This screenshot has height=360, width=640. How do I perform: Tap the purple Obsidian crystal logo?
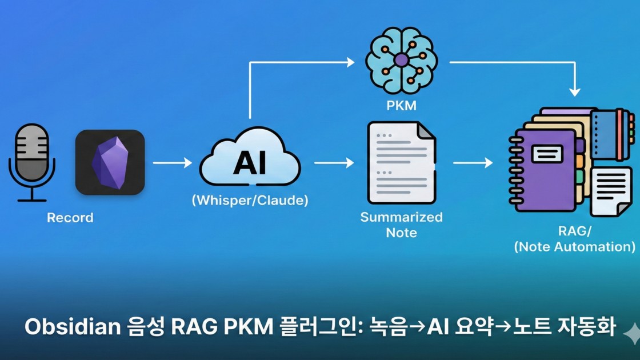pos(110,162)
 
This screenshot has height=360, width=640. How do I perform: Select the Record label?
pos(70,218)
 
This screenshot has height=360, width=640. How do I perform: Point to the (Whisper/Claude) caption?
pos(250,201)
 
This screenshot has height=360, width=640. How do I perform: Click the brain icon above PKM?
pos(401,59)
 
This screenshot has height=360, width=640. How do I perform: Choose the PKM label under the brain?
pos(401,106)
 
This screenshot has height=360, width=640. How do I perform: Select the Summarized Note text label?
pos(401,225)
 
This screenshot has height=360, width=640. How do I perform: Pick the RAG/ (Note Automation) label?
pos(574,239)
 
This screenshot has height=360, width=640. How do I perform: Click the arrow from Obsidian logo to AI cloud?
pos(172,163)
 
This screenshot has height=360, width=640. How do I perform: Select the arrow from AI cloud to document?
pos(334,163)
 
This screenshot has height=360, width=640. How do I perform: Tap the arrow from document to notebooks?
pos(473,163)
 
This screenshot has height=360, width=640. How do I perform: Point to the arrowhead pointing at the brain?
pos(350,62)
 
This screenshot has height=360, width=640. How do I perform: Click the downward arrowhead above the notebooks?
pos(574,91)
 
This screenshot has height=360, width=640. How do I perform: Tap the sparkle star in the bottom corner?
pos(631,332)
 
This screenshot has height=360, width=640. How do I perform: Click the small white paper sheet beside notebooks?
pos(610,191)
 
